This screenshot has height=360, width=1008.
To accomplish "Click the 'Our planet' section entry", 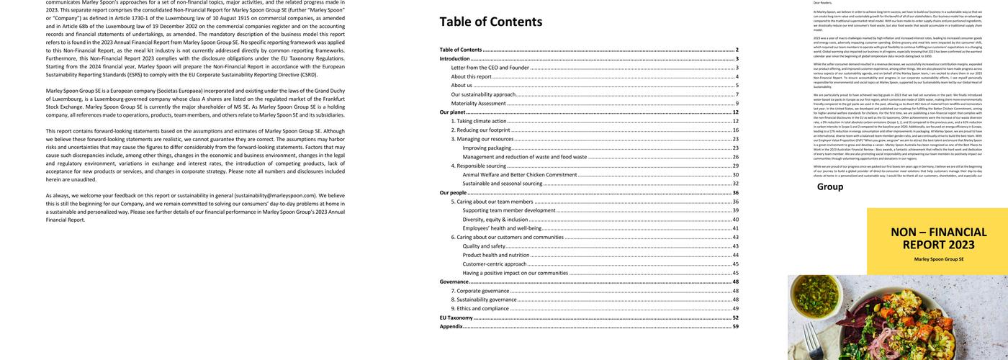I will coord(452,112).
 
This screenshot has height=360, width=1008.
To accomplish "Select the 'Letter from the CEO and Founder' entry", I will coord(490,68).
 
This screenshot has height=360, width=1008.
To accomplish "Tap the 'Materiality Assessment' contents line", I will coord(478,103).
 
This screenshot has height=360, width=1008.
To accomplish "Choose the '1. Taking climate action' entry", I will coord(479,121).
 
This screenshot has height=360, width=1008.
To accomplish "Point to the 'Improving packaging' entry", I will coord(487,148).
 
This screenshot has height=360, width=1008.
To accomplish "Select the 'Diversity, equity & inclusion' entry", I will coord(495,219).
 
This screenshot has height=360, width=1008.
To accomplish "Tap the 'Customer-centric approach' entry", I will coord(495,264).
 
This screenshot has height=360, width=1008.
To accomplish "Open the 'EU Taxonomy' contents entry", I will coord(456,318).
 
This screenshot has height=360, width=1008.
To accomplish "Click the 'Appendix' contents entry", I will coord(451,326).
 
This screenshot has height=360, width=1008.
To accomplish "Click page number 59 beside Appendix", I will coord(735,326).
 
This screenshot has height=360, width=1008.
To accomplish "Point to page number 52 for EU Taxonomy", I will coord(735,318).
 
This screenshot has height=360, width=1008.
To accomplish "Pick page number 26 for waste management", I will coord(735,156).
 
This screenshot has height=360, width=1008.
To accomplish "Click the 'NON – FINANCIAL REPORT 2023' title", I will coord(938,238).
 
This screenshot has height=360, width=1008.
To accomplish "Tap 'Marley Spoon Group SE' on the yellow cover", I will coord(938,259).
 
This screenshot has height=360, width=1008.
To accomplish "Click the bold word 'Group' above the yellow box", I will coord(829,187).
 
